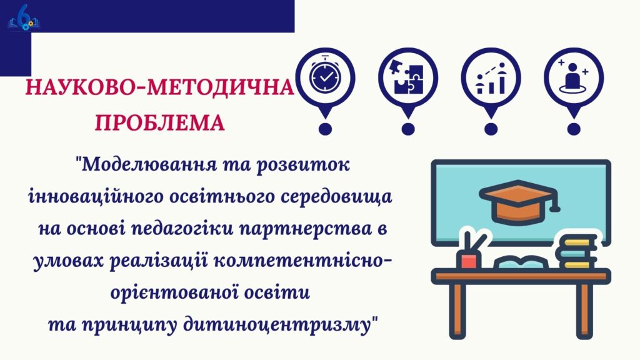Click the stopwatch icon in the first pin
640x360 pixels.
click(x=325, y=76)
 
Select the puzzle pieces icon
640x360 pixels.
click(x=408, y=77)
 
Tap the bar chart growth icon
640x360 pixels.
click(x=491, y=78)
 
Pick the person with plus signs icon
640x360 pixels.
click(x=574, y=76)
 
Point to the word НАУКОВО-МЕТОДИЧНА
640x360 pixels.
click(x=159, y=87)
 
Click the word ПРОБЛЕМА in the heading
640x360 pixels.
click(x=159, y=122)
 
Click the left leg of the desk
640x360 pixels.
click(x=457, y=310)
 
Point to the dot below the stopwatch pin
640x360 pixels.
click(x=325, y=129)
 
